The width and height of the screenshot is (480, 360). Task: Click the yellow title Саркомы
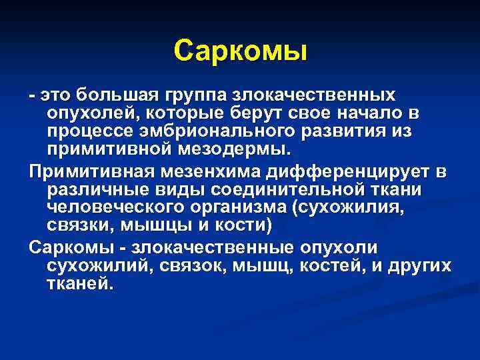[240, 51]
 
